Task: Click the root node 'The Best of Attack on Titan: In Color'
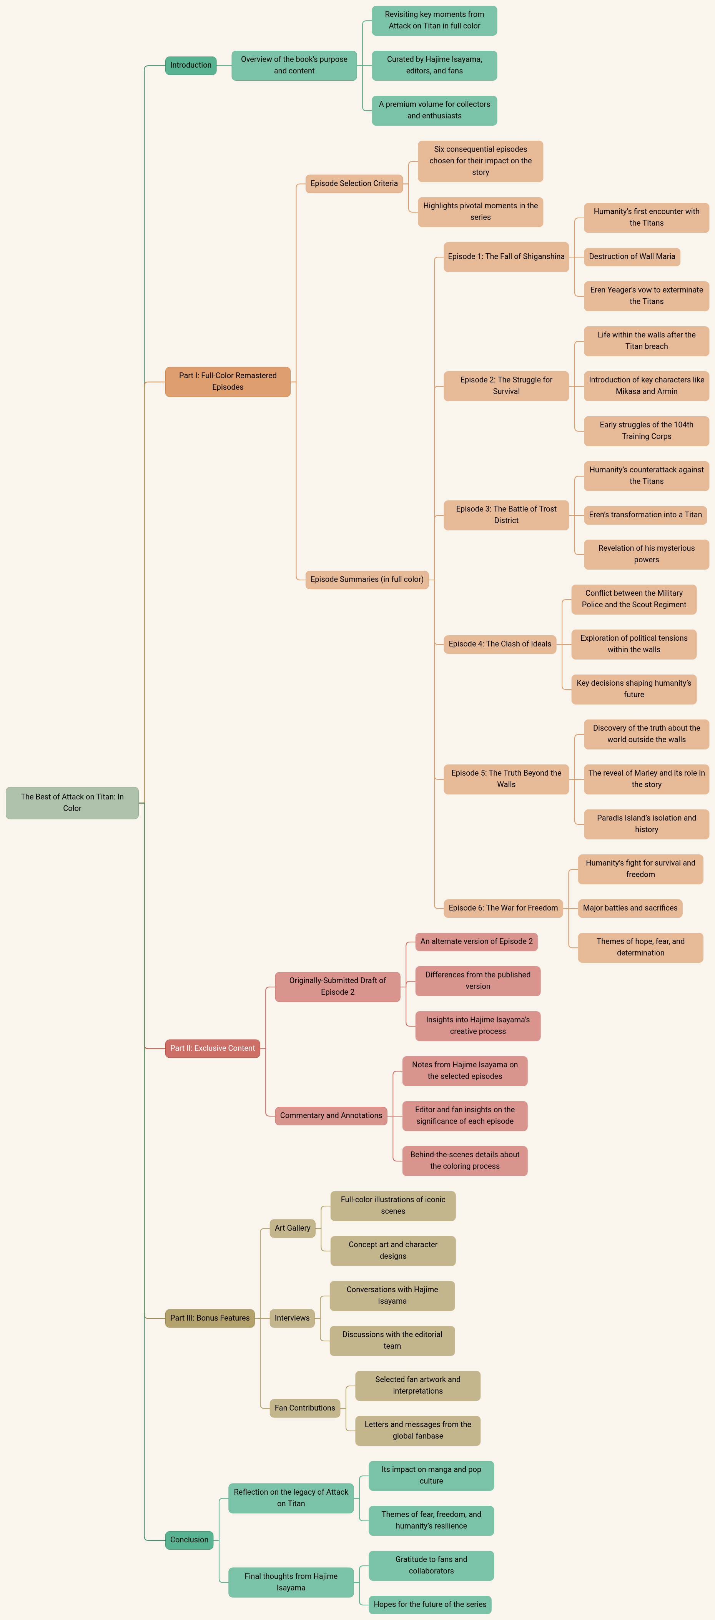[x=72, y=803]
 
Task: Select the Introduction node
[x=191, y=65]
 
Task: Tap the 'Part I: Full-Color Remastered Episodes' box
[x=228, y=382]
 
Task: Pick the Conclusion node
[x=189, y=1540]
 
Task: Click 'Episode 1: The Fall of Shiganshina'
[x=506, y=257]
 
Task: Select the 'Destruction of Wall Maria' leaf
[x=632, y=257]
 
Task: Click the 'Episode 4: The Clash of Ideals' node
[x=500, y=644]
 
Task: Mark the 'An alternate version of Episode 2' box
[x=477, y=941]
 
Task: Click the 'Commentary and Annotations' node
[x=331, y=1116]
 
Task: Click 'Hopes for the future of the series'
[x=430, y=1604]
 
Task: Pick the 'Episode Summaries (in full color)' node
[x=367, y=579]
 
